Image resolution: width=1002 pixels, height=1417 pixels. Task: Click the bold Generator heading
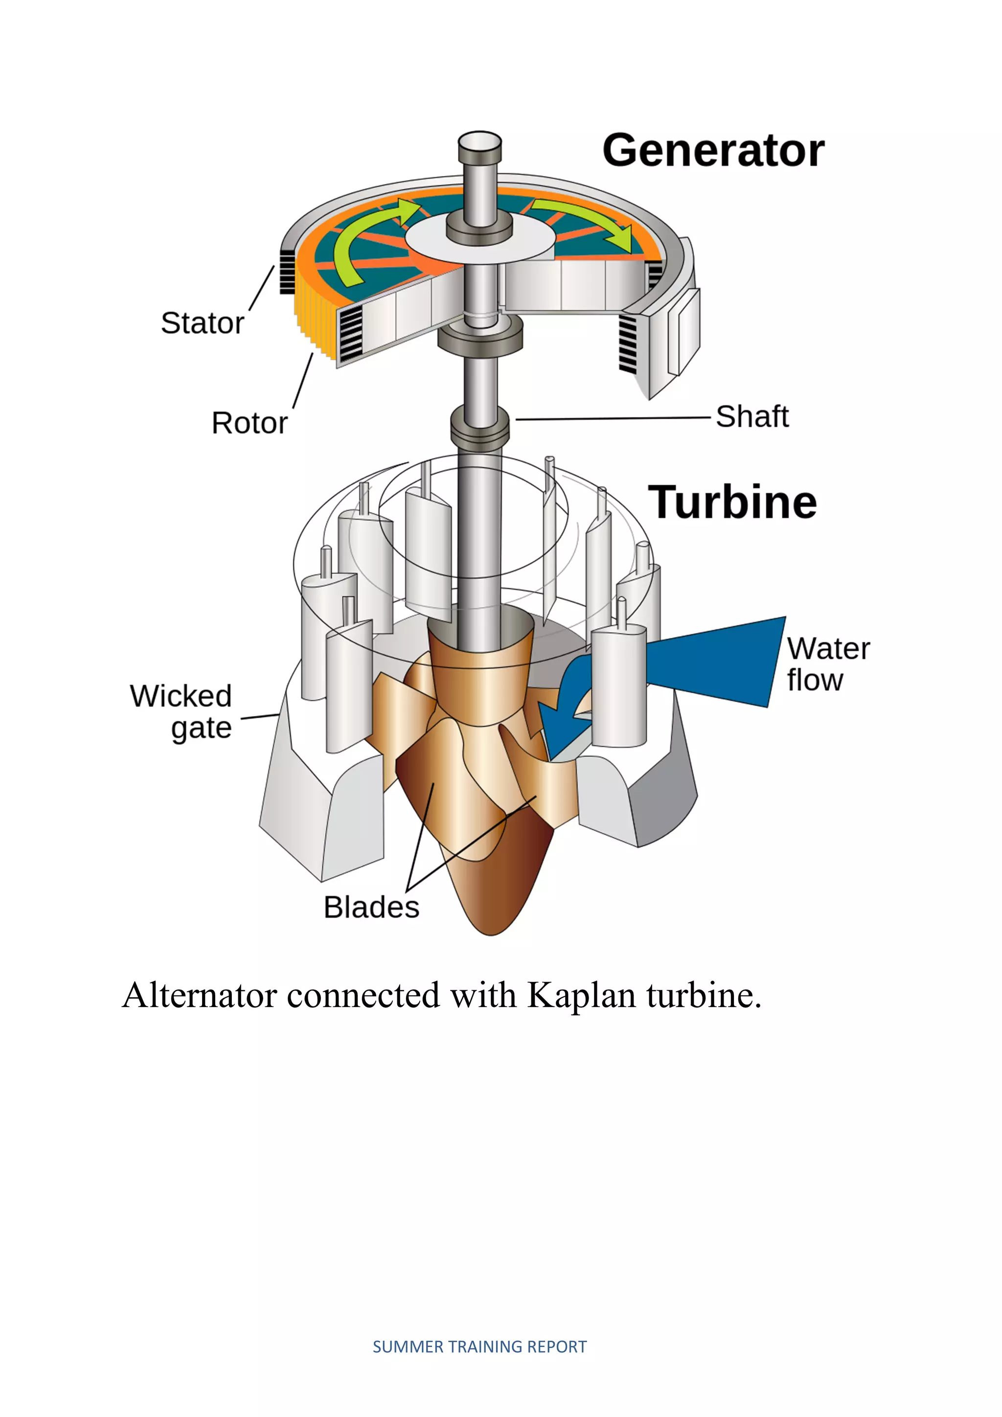[x=713, y=151]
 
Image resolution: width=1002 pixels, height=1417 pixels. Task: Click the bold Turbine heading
[x=732, y=503]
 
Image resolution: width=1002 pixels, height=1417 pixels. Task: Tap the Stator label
[x=203, y=323]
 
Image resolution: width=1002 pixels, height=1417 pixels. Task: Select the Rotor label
[x=249, y=423]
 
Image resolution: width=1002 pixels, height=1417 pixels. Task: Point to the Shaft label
[x=752, y=416]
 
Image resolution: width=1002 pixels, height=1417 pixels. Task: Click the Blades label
[x=371, y=907]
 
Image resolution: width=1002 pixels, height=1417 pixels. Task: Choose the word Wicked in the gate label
[x=181, y=696]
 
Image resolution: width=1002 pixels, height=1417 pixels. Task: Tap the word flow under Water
[x=815, y=680]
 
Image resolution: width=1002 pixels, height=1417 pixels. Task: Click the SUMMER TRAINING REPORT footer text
[x=479, y=1347]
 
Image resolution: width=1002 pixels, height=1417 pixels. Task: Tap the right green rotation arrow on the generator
[x=586, y=219]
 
